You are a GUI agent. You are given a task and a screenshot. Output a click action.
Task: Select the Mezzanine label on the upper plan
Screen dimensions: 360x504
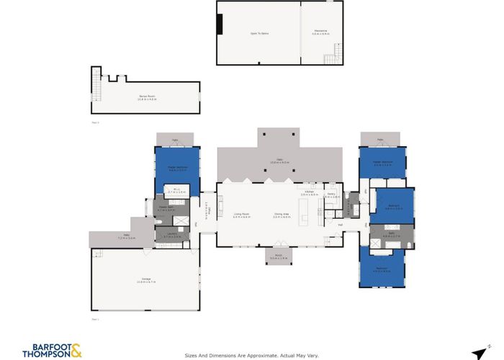click(x=320, y=32)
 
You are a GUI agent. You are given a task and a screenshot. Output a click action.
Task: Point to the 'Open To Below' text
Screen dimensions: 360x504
click(x=260, y=33)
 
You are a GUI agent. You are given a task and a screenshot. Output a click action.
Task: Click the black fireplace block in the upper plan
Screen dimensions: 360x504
click(x=220, y=24)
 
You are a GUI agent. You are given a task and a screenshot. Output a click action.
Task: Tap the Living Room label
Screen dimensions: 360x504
click(x=241, y=215)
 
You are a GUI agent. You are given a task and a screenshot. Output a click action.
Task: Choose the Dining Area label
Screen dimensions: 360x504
click(x=282, y=215)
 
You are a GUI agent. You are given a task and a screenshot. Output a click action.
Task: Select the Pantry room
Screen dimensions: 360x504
click(x=332, y=196)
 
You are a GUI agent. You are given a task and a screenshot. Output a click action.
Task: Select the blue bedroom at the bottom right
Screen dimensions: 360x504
click(x=382, y=270)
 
